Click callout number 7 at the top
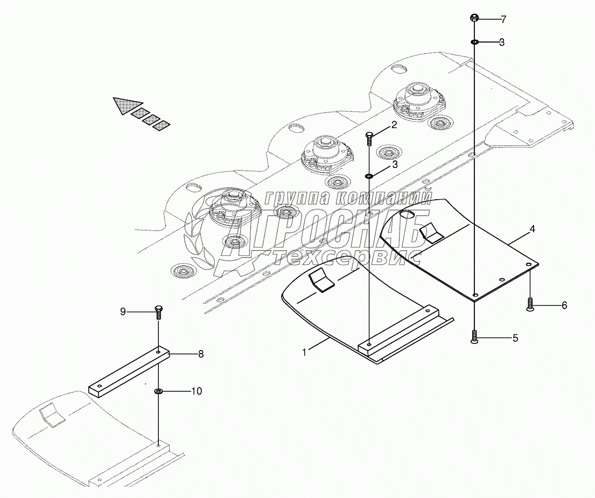pos(503,20)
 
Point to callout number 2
pos(394,125)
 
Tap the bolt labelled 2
pos(369,138)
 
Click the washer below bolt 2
pos(369,176)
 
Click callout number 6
pos(564,305)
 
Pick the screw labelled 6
pos(530,304)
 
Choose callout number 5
pos(515,338)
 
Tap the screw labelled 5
pos(474,337)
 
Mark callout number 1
pos(304,352)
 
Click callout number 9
pos(123,311)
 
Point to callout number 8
pos(201,354)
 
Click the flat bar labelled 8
pos(129,371)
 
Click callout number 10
pos(197,391)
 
